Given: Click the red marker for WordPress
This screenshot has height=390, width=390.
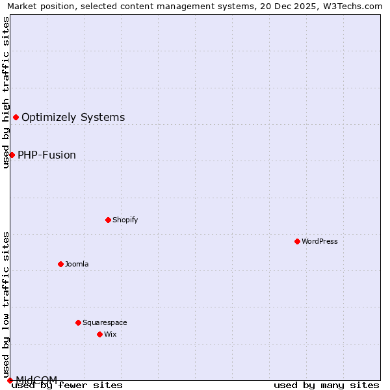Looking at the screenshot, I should click(297, 241).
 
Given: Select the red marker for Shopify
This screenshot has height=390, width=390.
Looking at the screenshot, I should click(108, 220).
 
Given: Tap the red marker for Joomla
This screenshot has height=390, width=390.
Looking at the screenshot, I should click(60, 264).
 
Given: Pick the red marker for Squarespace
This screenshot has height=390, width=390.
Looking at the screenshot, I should click(78, 322).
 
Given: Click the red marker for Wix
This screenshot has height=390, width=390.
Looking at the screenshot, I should click(99, 334).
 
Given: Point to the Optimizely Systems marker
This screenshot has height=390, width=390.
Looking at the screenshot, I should click(16, 117).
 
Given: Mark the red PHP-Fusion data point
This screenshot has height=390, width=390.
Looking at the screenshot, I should click(12, 155).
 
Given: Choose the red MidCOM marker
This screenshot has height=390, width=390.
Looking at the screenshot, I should click(10, 380).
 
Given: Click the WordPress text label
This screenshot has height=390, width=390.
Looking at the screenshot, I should click(320, 241).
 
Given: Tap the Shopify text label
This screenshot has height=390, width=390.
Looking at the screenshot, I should click(125, 220).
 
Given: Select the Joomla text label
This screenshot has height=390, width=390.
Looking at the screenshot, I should click(77, 264).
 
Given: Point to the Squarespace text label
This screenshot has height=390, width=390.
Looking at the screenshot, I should click(105, 322).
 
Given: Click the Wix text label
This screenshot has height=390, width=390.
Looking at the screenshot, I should click(110, 334).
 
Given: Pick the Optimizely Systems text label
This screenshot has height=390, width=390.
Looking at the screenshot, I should click(73, 118).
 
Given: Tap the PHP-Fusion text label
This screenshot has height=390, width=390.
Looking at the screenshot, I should click(47, 155).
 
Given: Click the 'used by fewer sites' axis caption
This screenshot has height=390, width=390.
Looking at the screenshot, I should click(67, 385).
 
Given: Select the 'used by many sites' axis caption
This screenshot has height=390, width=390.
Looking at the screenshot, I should click(326, 385).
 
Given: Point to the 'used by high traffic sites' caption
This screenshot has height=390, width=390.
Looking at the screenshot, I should click(6, 92).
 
